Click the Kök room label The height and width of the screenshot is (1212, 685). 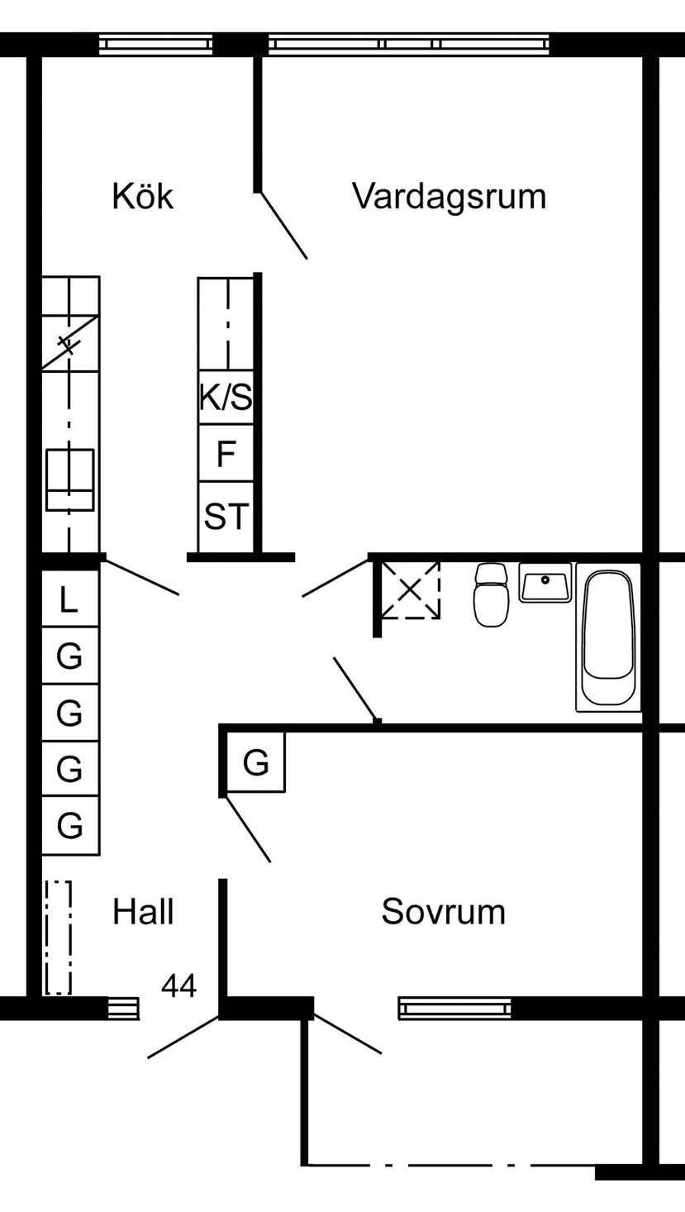143,197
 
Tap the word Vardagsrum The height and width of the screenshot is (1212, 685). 449,197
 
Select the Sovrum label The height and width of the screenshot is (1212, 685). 443,912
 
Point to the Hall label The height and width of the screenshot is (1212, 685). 143,912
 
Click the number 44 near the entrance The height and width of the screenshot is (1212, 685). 178,985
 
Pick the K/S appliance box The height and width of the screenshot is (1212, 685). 226,398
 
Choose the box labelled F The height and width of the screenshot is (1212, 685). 226,454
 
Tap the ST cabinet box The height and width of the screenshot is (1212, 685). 226,517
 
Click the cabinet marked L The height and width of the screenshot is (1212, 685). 70,599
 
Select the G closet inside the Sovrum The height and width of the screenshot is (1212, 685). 256,762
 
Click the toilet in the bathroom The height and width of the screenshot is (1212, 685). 492,594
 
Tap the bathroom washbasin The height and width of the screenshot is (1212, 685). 545,583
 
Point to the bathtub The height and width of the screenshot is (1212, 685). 609,637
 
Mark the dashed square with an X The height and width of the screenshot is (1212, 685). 410,589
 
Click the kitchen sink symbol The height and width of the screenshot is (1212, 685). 70,480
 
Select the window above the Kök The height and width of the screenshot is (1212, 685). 156,44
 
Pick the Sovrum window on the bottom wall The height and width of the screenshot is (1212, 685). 455,1008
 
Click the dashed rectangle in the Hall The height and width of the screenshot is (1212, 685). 59,938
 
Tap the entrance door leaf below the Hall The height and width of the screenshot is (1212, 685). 183,1038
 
